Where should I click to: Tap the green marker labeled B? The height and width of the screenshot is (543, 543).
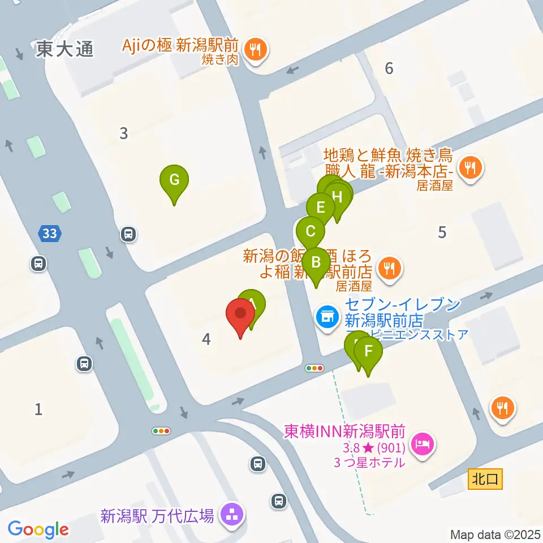(x=316, y=263)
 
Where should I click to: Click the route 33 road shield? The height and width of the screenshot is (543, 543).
(x=50, y=232)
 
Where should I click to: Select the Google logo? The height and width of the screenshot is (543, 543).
(x=38, y=529)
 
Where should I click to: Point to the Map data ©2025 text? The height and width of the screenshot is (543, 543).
(x=494, y=534)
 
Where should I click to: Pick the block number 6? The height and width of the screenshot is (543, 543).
(x=389, y=68)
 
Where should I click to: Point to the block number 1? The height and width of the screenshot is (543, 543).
(x=38, y=409)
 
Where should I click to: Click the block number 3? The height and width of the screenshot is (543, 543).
(x=123, y=133)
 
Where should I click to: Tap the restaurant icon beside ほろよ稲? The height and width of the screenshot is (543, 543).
(x=389, y=266)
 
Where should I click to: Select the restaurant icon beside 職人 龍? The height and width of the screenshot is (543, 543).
(x=469, y=167)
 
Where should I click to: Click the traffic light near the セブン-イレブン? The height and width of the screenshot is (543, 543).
(x=314, y=368)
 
